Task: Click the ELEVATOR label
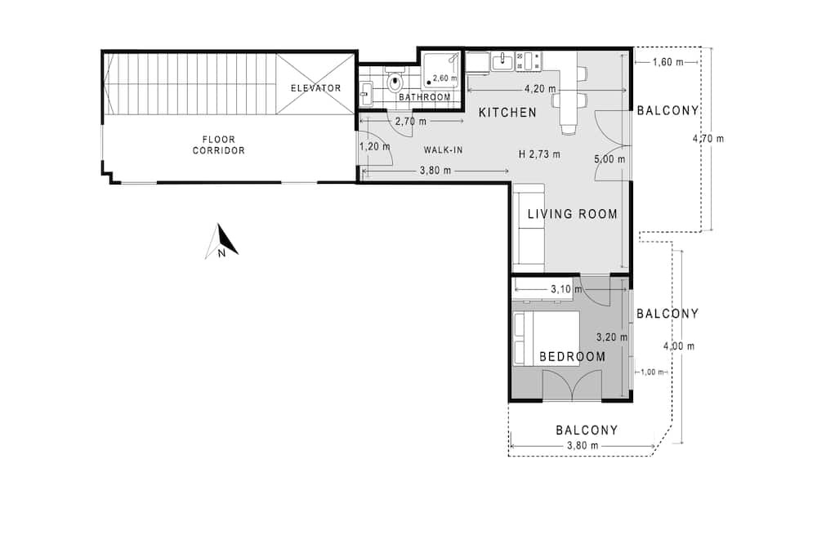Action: [315, 88]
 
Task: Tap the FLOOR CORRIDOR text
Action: [219, 145]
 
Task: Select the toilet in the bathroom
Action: [395, 80]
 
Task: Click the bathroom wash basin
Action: [366, 94]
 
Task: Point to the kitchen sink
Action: [502, 61]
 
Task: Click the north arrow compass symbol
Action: [221, 241]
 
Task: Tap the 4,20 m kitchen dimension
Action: [540, 89]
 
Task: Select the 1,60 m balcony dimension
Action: [668, 63]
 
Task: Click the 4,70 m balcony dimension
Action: [708, 139]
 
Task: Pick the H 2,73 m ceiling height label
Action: [540, 154]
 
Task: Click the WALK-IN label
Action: [443, 150]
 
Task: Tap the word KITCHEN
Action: [507, 113]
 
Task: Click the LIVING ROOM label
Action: [573, 214]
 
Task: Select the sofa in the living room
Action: [529, 228]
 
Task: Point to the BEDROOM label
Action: [573, 357]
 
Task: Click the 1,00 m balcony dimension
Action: [652, 372]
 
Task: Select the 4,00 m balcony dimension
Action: [678, 346]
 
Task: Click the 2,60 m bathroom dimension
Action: [444, 78]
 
